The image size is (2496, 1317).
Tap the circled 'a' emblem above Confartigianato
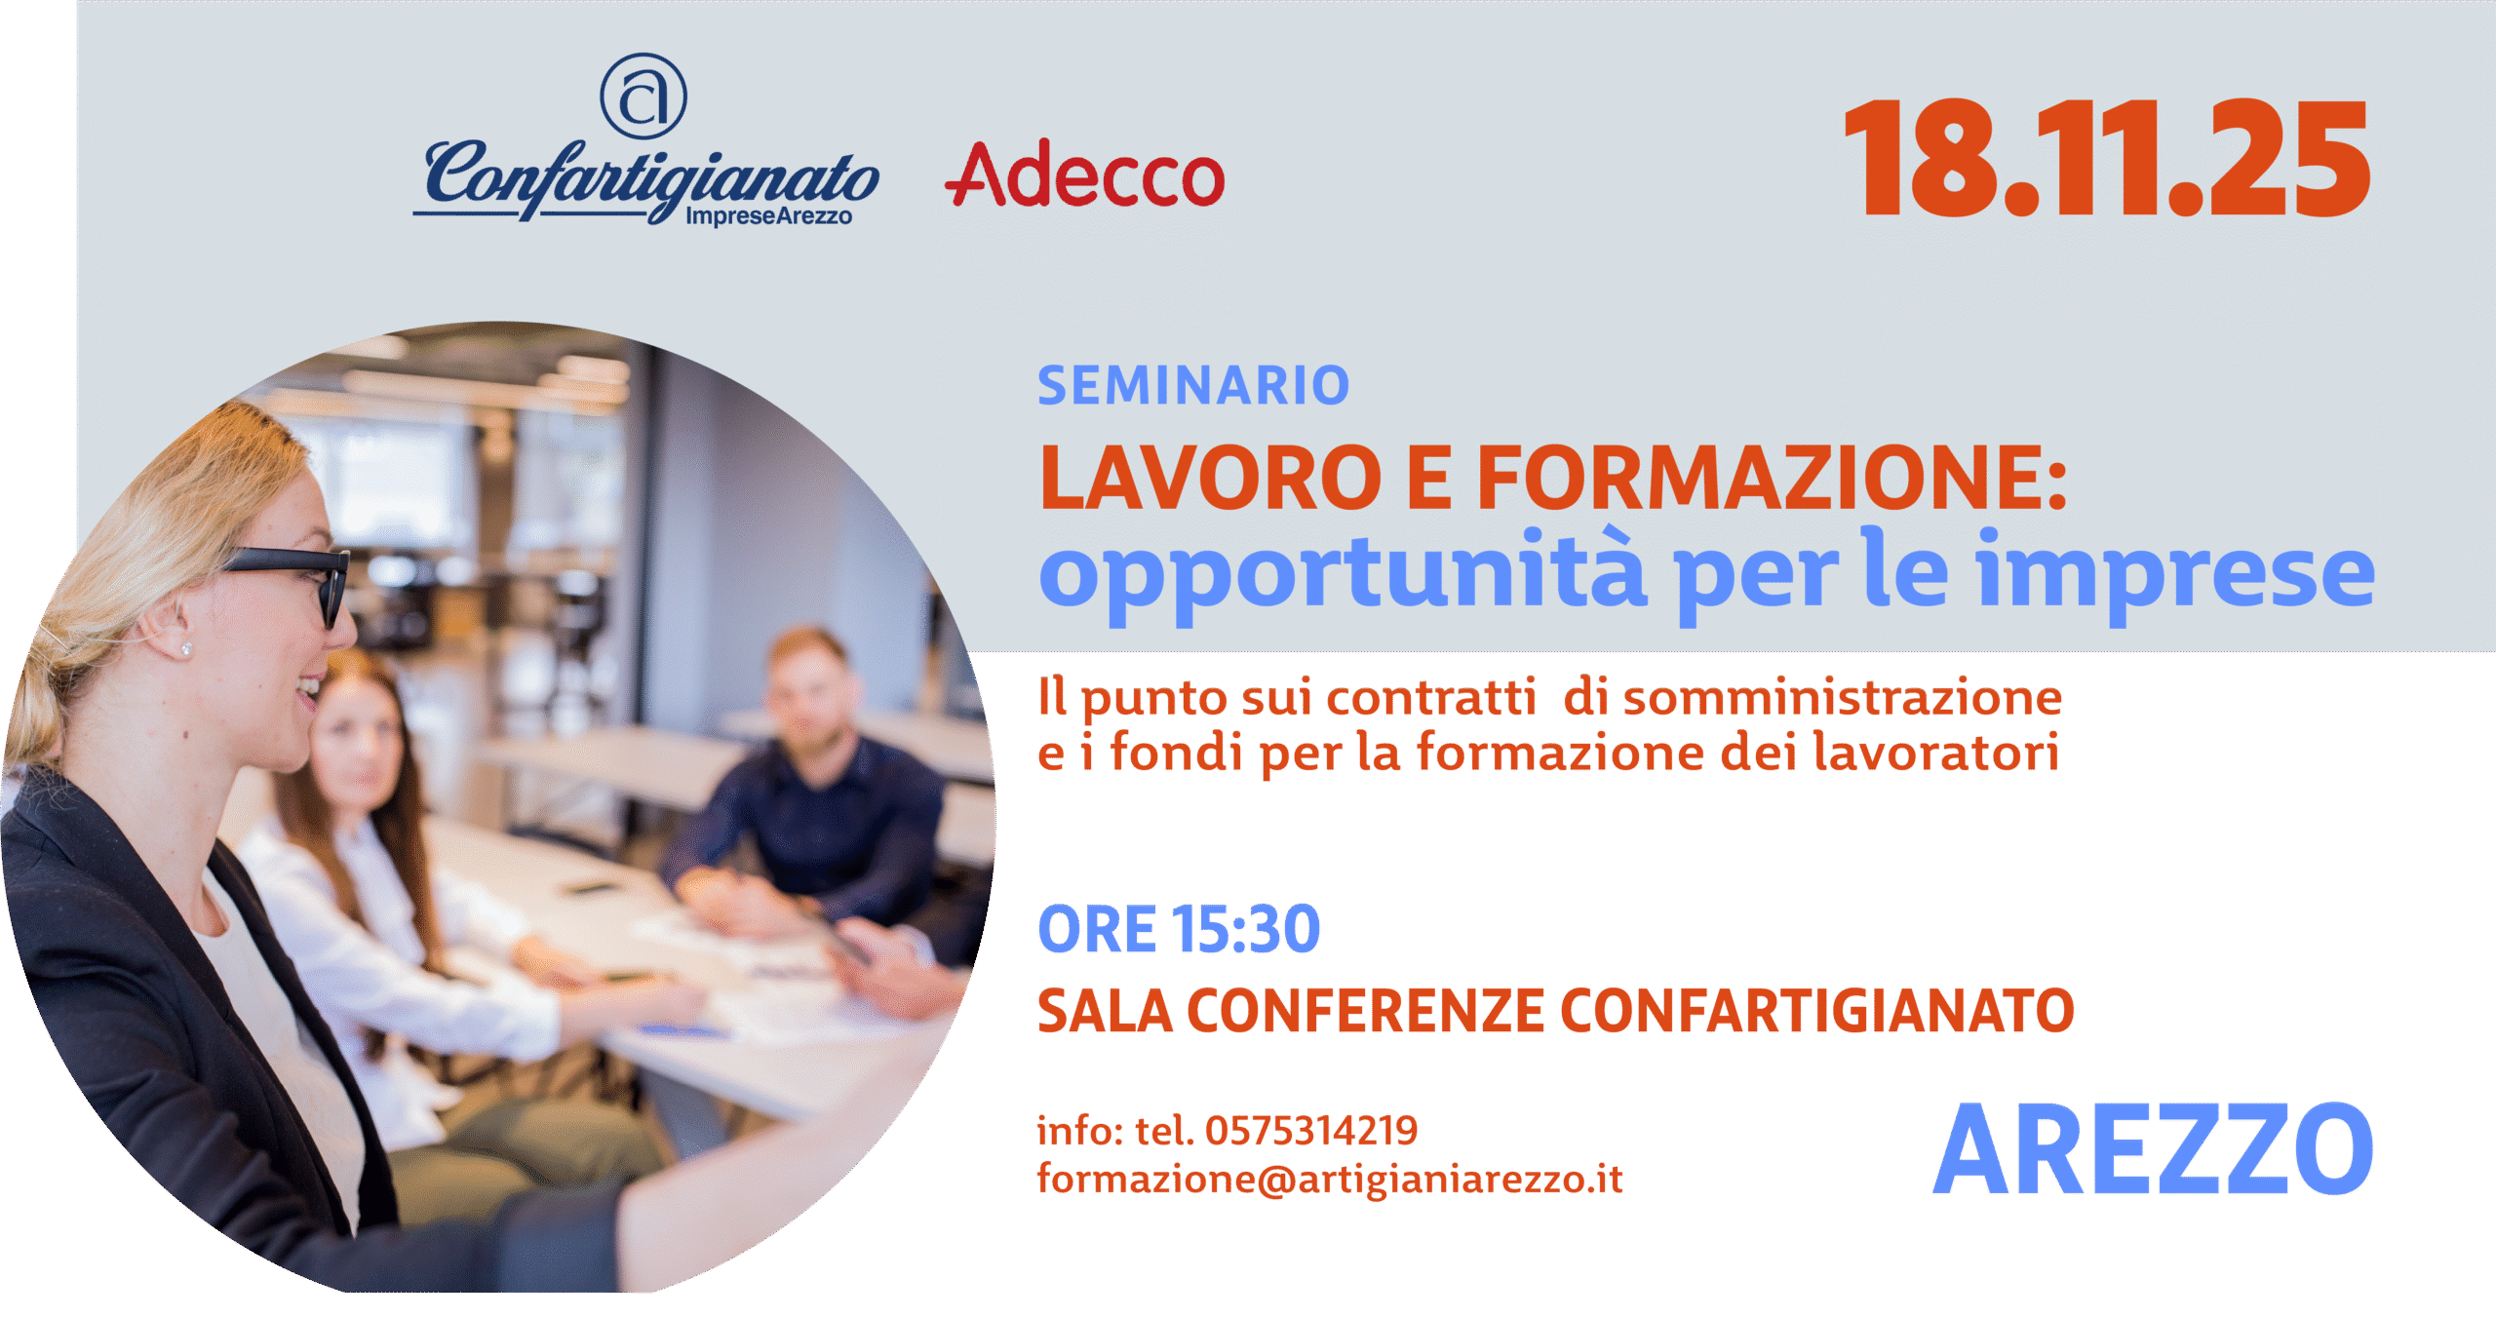tap(643, 96)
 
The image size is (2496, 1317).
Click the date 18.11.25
tap(2106, 158)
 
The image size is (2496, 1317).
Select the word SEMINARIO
tap(1193, 385)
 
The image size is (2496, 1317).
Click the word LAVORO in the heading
tap(1210, 478)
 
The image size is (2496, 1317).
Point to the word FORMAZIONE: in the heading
tap(1772, 478)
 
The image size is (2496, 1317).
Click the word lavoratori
tap(1935, 752)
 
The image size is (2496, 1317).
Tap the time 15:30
tap(1245, 929)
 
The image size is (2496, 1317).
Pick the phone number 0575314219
tap(1311, 1131)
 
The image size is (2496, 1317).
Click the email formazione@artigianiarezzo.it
tap(1330, 1180)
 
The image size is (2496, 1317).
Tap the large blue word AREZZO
tap(2153, 1149)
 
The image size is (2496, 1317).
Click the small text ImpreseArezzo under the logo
tap(768, 215)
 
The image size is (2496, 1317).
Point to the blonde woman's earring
tap(187, 648)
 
